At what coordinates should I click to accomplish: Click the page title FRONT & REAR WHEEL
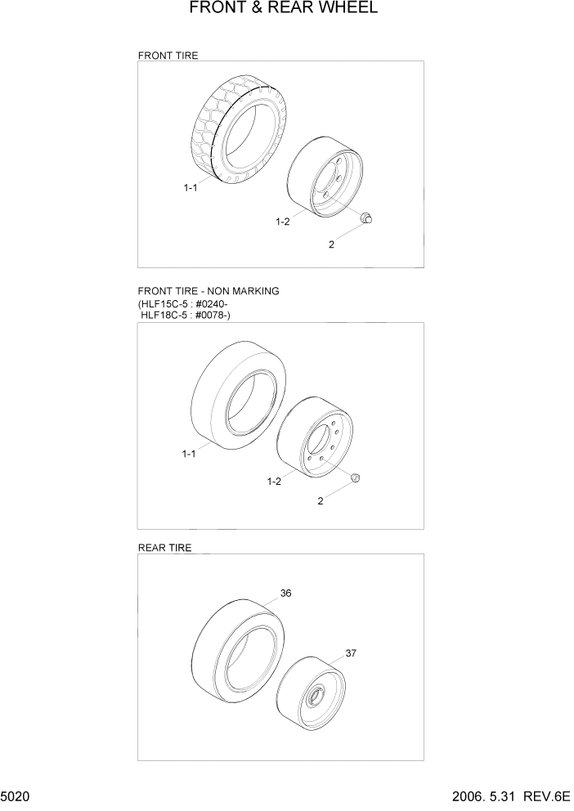click(284, 9)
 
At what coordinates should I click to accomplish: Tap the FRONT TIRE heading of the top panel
click(168, 56)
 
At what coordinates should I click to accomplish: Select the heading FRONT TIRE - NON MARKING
click(209, 291)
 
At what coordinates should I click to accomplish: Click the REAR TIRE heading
click(165, 549)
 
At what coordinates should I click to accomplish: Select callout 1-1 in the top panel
click(190, 188)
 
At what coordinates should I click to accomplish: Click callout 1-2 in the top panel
click(283, 222)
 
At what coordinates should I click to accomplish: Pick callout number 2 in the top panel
click(331, 244)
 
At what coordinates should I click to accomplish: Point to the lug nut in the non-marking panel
click(356, 477)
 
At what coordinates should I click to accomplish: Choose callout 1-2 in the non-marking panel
click(274, 482)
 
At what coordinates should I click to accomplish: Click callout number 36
click(285, 594)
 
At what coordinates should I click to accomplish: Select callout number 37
click(351, 653)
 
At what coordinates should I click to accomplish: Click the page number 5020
click(16, 795)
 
